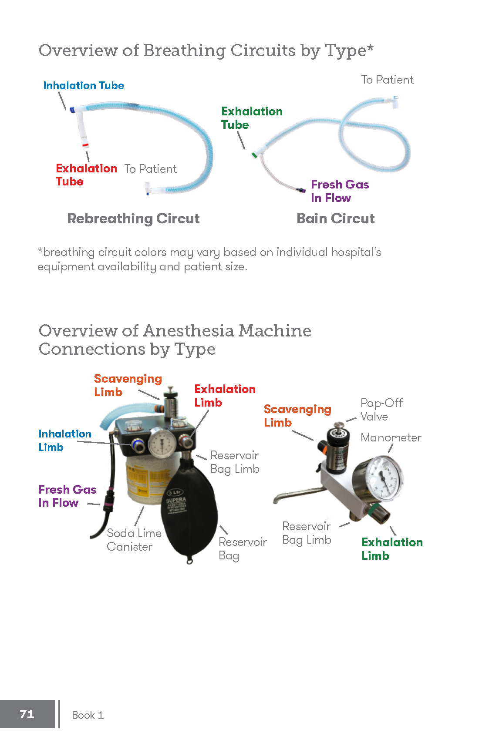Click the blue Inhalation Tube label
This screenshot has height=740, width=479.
pyautogui.click(x=84, y=86)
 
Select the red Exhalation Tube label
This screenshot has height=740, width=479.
pyautogui.click(x=86, y=175)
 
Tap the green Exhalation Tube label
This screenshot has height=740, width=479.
pyautogui.click(x=252, y=118)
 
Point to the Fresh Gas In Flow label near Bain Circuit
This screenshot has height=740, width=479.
pyautogui.click(x=340, y=191)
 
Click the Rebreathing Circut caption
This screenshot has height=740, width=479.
pyautogui.click(x=133, y=219)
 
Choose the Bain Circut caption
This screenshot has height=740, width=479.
pyautogui.click(x=335, y=219)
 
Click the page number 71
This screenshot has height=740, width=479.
pyautogui.click(x=27, y=714)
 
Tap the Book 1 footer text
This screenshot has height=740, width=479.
pyautogui.click(x=88, y=715)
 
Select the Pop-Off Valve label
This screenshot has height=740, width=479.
pyautogui.click(x=381, y=410)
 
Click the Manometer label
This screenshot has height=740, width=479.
pyautogui.click(x=391, y=437)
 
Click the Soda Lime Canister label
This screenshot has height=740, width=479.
pyautogui.click(x=134, y=540)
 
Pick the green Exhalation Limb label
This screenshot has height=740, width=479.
pyautogui.click(x=392, y=548)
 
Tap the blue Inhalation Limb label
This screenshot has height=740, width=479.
pyautogui.click(x=64, y=440)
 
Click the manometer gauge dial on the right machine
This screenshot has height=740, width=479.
pyautogui.click(x=384, y=479)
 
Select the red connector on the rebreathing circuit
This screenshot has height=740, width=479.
pyautogui.click(x=85, y=145)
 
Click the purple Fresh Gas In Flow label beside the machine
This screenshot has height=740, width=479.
pyautogui.click(x=67, y=496)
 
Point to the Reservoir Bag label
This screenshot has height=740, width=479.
pyautogui.click(x=242, y=548)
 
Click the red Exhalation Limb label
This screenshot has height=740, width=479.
pyautogui.click(x=225, y=395)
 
